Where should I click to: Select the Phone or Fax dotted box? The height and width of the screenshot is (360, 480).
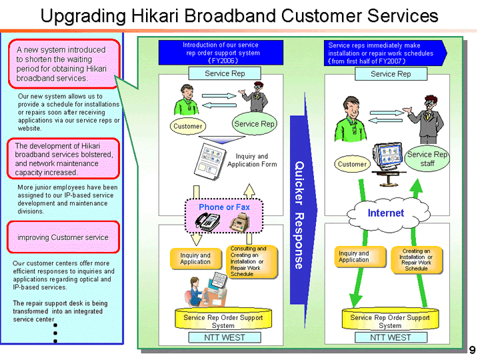[x=224, y=207]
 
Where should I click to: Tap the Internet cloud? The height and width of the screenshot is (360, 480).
[x=386, y=213]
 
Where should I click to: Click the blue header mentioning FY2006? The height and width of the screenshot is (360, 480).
[x=221, y=53]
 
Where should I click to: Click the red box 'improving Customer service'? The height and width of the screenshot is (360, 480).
[x=63, y=237]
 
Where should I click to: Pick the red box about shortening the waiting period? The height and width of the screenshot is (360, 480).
[x=63, y=64]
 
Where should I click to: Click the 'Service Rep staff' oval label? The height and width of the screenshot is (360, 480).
[x=427, y=159]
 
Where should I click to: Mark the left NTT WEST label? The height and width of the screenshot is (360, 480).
[x=223, y=337]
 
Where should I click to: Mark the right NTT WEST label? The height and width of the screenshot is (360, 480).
[x=390, y=337]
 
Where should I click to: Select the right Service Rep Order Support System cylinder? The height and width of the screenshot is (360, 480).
[x=390, y=321]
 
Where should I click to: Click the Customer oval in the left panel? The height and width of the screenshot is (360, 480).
[x=187, y=126]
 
